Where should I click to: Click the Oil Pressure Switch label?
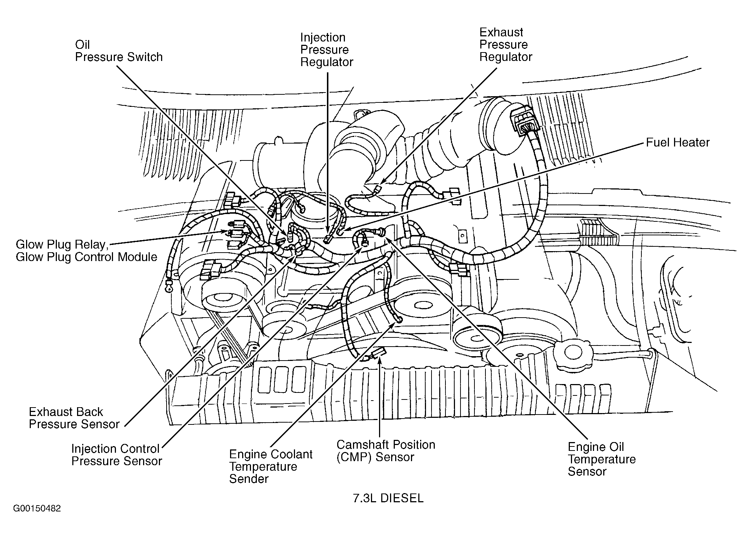[119, 51]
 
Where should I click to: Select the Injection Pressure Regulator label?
[327, 50]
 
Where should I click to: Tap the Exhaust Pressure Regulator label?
[506, 44]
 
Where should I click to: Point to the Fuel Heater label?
[678, 142]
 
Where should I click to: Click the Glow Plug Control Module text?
[87, 257]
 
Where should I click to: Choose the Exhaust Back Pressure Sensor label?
[74, 418]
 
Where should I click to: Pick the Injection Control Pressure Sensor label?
[117, 455]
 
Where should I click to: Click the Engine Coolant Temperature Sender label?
[271, 466]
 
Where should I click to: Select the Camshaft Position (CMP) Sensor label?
[386, 451]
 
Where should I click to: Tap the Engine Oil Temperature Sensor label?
[602, 459]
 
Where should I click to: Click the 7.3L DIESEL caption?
[388, 498]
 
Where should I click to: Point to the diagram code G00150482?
[37, 509]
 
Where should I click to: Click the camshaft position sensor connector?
[377, 354]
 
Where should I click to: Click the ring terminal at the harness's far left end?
[168, 288]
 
